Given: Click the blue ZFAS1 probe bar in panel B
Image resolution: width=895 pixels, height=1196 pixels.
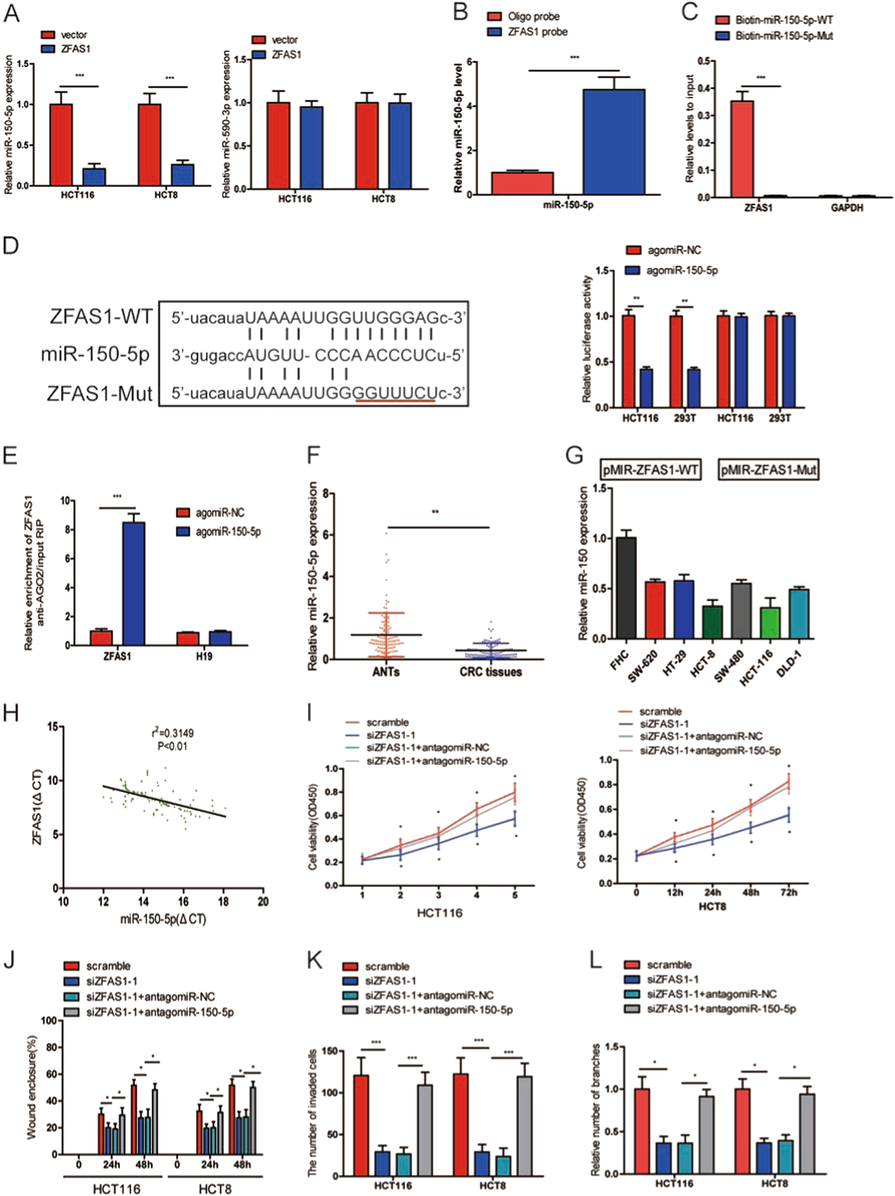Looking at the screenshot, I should click(613, 142).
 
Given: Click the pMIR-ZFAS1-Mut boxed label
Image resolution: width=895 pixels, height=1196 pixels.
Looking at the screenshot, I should click(768, 470).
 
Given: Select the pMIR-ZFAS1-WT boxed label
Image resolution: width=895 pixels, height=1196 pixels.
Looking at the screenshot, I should click(651, 470).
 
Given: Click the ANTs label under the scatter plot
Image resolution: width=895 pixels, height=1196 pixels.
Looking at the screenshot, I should click(386, 672).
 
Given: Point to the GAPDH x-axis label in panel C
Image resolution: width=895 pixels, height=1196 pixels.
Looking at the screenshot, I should click(847, 208).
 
